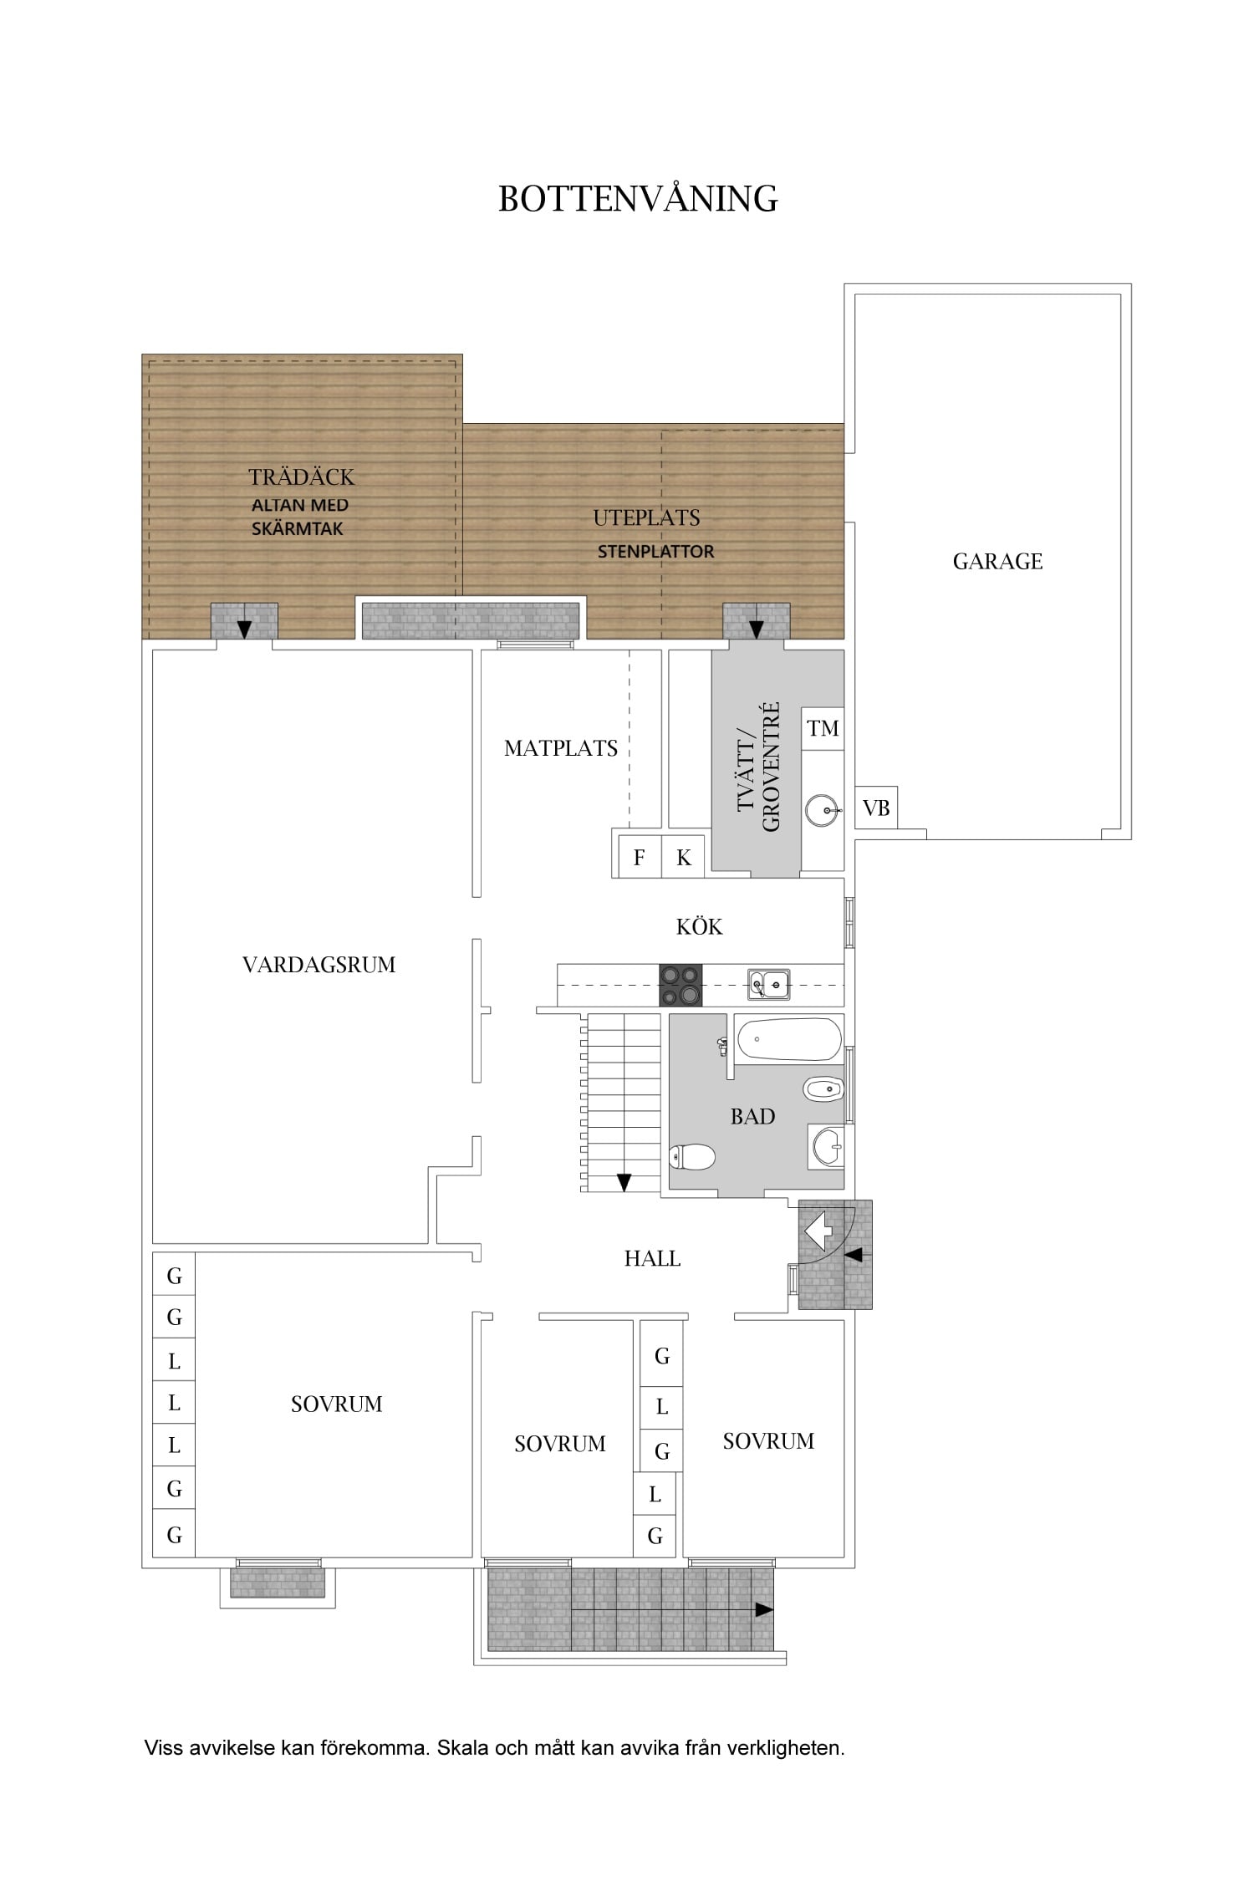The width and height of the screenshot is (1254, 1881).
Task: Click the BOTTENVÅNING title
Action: [x=638, y=198]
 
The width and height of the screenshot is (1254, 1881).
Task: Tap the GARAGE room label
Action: [x=997, y=561]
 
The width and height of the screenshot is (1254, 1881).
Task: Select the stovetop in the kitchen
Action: [x=681, y=985]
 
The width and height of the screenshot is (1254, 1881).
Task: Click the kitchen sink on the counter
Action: [x=768, y=984]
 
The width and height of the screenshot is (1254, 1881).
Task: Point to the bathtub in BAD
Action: [x=788, y=1039]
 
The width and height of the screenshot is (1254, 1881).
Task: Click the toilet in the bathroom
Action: [x=692, y=1157]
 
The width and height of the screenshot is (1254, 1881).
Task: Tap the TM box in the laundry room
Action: [x=823, y=728]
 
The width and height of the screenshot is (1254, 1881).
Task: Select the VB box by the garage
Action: [x=876, y=808]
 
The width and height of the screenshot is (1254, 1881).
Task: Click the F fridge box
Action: [x=640, y=857]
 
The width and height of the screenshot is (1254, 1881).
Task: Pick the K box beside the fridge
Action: [x=683, y=857]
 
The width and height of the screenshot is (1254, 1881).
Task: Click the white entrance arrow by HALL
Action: [x=817, y=1231]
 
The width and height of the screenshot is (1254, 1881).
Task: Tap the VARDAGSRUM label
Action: [x=319, y=965]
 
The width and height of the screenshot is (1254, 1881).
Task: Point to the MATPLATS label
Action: [x=561, y=748]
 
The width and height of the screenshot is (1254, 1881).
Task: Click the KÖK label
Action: [x=699, y=926]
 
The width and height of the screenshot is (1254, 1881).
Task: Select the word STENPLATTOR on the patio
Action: [x=655, y=552]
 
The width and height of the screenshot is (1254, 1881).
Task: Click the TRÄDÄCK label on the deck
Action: [x=302, y=477]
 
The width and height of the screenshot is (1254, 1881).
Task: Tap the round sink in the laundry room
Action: [x=823, y=810]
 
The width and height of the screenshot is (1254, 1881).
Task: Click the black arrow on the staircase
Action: [x=624, y=1182]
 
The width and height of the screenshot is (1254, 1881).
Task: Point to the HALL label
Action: [x=652, y=1258]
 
